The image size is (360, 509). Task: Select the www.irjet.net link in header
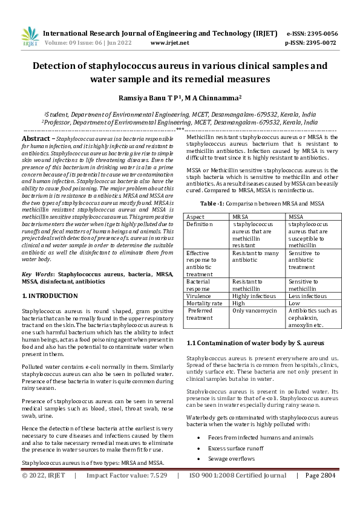point(169,43)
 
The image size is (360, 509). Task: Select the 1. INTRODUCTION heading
point(50,296)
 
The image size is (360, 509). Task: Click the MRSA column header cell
point(240,216)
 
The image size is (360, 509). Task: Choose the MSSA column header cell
point(296,216)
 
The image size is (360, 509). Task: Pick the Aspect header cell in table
point(195,216)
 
